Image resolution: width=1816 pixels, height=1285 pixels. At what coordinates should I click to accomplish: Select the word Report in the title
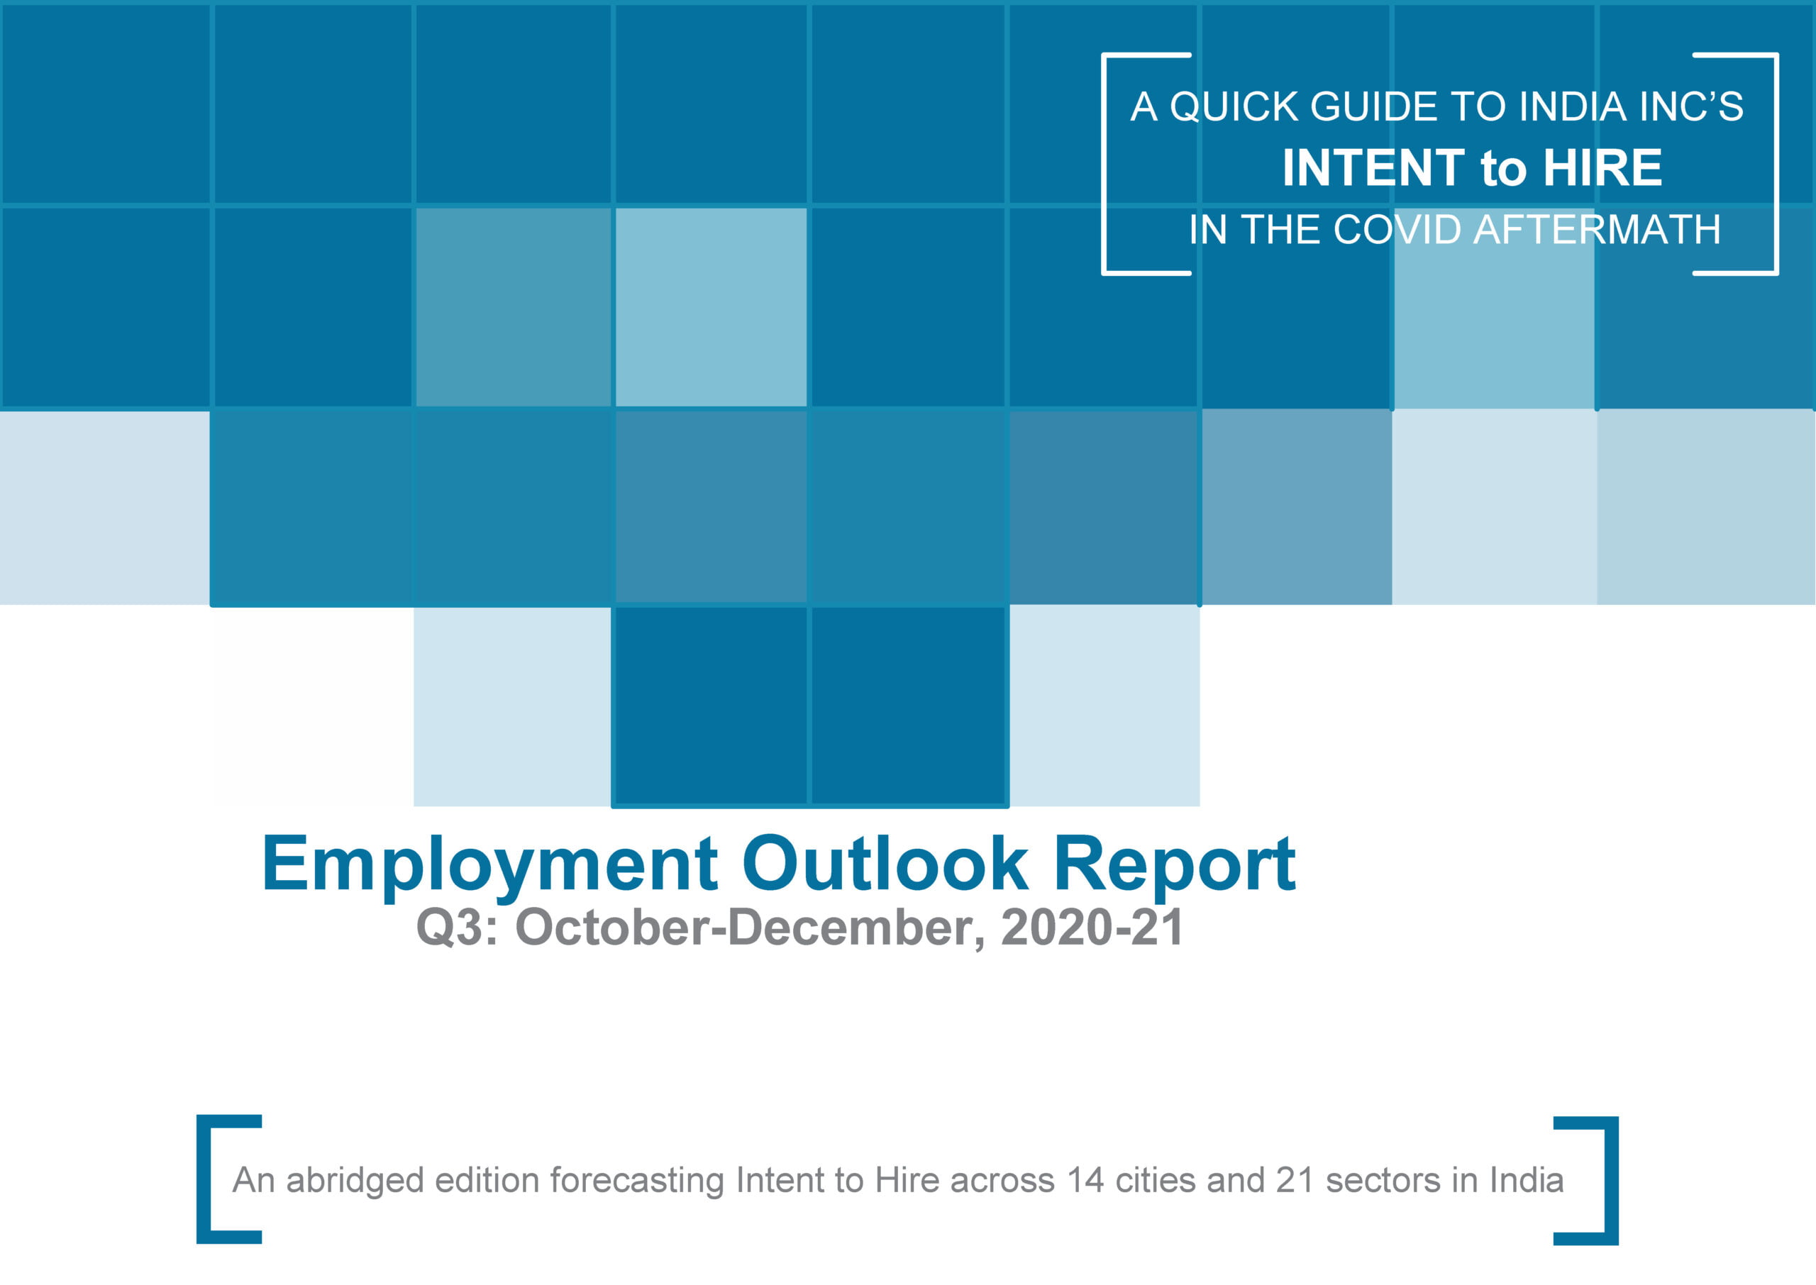point(1174,867)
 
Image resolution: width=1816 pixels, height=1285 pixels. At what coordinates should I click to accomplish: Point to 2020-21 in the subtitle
point(1092,927)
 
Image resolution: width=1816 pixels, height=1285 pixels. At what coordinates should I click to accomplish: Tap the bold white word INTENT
point(1373,168)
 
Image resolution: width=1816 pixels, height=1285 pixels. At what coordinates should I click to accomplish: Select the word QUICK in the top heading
point(1234,107)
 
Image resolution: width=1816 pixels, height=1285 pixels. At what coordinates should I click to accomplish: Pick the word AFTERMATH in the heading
point(1597,230)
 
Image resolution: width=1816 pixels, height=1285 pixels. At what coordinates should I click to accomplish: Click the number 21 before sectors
point(1295,1180)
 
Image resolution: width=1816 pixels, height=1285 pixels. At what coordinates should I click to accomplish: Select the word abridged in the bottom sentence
point(355,1181)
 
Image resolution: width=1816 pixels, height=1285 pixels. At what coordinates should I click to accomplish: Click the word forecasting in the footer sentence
point(637,1181)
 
